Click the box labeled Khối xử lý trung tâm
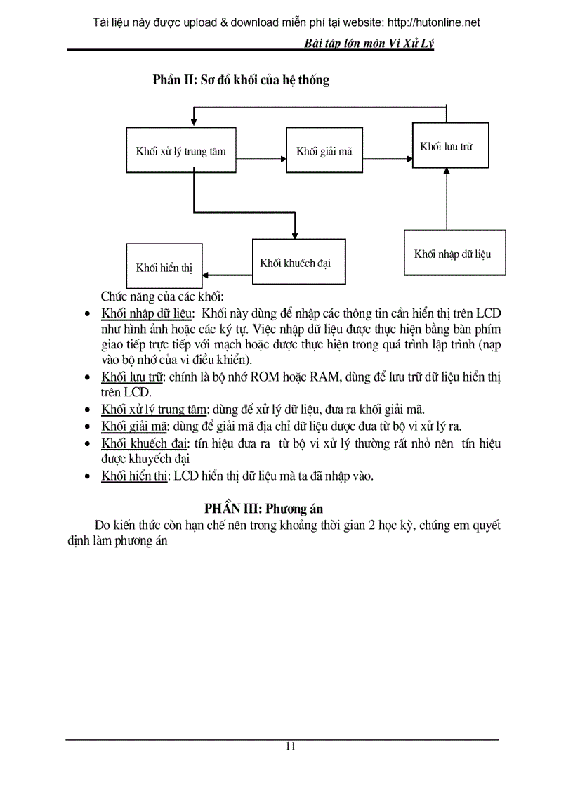point(180,150)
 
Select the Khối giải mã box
point(324,150)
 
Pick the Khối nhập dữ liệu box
point(454,253)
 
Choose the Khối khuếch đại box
point(298,262)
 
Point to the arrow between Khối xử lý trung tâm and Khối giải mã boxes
point(261,150)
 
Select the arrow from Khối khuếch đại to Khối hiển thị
point(228,275)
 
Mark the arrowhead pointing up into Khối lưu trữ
point(447,173)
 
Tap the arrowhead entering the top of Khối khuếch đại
point(295,235)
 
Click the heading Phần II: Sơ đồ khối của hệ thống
point(241,80)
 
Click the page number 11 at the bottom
point(290,746)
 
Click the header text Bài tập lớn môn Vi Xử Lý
point(369,44)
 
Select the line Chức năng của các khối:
point(162,295)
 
